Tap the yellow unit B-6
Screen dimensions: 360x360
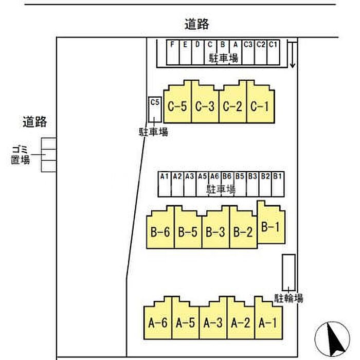[160, 231]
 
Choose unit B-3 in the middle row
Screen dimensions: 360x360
[215, 231]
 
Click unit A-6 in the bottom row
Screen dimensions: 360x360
[157, 322]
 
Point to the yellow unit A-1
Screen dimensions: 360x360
[268, 322]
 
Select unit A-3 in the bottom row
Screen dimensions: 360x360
[213, 322]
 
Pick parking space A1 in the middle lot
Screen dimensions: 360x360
[164, 184]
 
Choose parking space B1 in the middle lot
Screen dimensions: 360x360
[278, 184]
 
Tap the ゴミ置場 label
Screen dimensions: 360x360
[21, 154]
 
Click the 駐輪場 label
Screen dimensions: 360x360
[289, 298]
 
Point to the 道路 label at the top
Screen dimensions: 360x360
[196, 24]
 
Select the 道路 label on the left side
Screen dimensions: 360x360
[35, 122]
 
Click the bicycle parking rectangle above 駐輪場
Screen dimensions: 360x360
[288, 270]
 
